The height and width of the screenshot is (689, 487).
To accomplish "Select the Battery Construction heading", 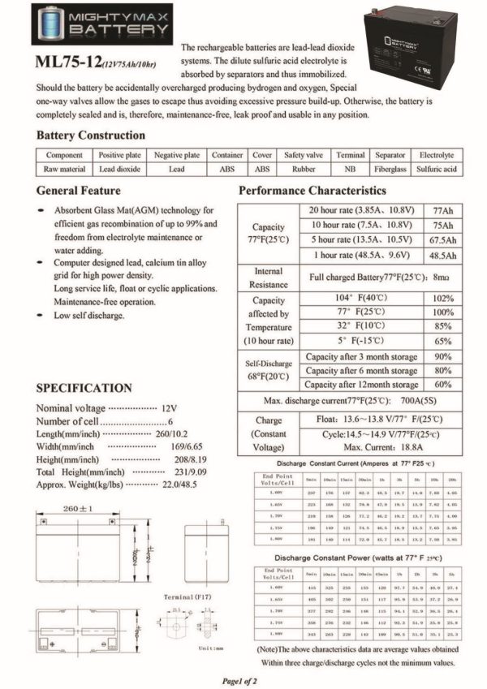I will click(90, 135).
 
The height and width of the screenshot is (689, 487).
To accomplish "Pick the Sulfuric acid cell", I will click(437, 170).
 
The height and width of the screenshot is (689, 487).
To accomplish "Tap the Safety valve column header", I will click(304, 155).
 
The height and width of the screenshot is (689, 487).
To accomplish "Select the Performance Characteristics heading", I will click(312, 191).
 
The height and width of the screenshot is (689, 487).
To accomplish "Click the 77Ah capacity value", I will click(443, 209).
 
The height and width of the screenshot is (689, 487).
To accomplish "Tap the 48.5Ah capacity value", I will click(443, 255).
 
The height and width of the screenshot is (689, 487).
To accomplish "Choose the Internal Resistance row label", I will click(269, 278).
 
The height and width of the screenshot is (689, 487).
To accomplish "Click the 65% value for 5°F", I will click(443, 342).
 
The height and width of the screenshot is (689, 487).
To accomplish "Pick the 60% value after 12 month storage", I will click(443, 384).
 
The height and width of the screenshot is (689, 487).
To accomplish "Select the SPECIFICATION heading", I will click(84, 389).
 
